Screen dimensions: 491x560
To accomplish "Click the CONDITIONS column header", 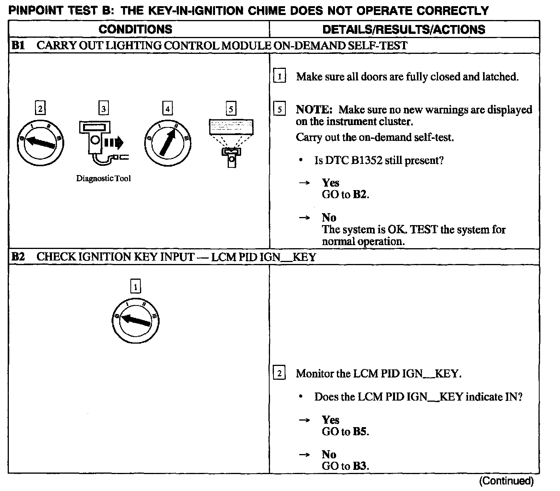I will (x=135, y=29).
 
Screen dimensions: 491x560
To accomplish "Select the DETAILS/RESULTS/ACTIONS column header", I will (x=403, y=29).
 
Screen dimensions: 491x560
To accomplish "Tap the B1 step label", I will (x=18, y=45).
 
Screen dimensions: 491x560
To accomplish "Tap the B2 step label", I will (x=18, y=257).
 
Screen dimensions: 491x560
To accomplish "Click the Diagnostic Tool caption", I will (x=103, y=179).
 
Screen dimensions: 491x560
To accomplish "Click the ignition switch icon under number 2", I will (x=40, y=143).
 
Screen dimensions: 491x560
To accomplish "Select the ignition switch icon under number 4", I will (x=168, y=143).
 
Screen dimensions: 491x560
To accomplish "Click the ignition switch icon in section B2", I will (x=135, y=320).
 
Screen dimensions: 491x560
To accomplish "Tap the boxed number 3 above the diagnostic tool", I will (x=103, y=109).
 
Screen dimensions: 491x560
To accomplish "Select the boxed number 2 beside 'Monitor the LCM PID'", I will (x=279, y=373).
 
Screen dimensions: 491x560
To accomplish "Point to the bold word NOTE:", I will (x=314, y=110).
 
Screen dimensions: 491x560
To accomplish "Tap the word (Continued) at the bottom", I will (x=506, y=481).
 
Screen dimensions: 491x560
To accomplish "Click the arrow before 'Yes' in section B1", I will (x=304, y=183).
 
